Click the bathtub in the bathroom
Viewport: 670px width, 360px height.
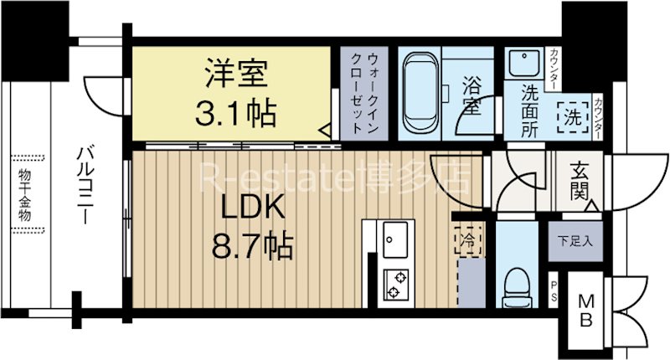pos(418,93)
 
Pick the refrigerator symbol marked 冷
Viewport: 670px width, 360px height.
pos(467,241)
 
